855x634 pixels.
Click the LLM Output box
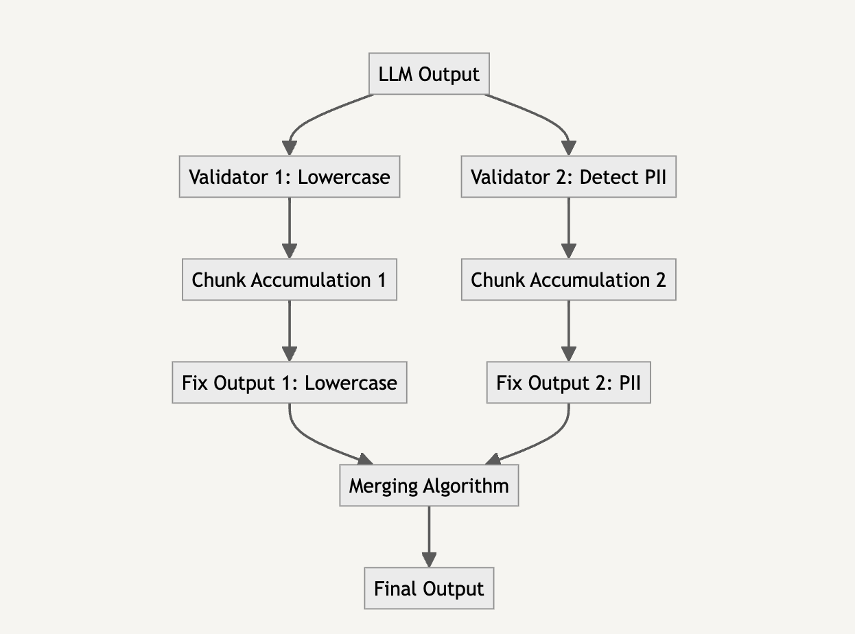tap(429, 73)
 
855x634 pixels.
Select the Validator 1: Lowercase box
tap(290, 176)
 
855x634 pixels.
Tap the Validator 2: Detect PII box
tap(569, 176)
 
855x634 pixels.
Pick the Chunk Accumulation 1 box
tap(290, 279)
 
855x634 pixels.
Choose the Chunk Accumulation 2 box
tap(569, 279)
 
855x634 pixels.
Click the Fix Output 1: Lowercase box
tap(290, 382)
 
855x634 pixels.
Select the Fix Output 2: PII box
tap(569, 382)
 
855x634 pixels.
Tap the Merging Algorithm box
tap(429, 485)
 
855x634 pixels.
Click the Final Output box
tap(429, 588)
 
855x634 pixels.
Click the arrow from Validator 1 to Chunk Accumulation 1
tap(290, 228)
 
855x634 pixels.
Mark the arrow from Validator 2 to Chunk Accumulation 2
tap(569, 228)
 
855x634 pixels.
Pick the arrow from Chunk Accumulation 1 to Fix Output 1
tap(290, 331)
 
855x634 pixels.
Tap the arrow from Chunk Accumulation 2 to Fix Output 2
tap(569, 331)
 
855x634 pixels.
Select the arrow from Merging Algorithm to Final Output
tap(429, 537)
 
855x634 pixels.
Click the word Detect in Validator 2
tap(603, 177)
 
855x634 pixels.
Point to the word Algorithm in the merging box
tap(466, 486)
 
